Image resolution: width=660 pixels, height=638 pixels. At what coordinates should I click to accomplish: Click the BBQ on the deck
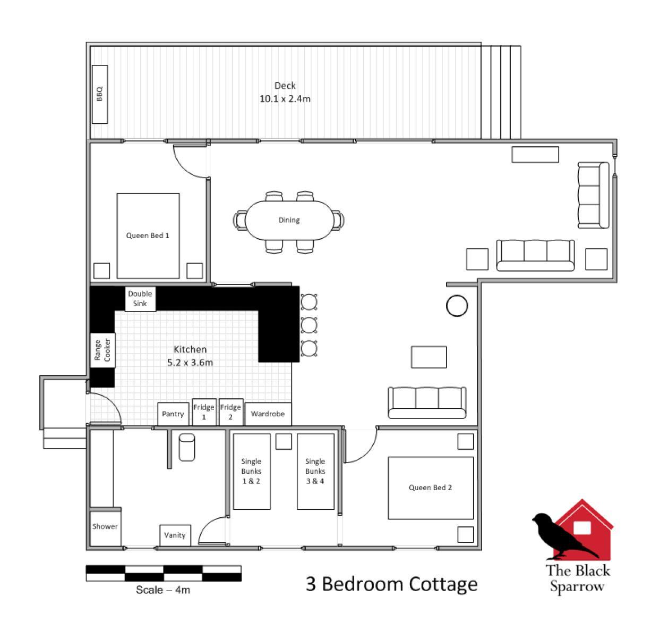(x=100, y=94)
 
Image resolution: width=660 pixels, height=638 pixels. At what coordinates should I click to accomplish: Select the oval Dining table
(x=289, y=220)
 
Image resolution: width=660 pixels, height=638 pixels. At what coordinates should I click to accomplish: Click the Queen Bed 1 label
(x=148, y=236)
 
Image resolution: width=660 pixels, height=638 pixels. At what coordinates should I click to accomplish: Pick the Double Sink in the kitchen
(x=140, y=299)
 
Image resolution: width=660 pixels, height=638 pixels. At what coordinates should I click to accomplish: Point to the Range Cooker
(x=102, y=350)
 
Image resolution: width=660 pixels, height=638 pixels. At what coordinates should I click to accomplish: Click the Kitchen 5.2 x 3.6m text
(x=190, y=356)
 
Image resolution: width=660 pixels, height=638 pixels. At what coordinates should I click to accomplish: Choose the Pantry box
(x=173, y=414)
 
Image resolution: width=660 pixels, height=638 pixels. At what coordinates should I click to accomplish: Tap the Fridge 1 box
(x=204, y=412)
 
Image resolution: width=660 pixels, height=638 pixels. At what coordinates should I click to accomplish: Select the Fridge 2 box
(x=230, y=412)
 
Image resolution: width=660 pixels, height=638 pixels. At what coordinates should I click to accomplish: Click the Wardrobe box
(x=268, y=414)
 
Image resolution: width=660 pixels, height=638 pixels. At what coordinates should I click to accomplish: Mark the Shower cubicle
(x=105, y=527)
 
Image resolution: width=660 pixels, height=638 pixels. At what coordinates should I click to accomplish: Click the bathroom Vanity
(x=175, y=535)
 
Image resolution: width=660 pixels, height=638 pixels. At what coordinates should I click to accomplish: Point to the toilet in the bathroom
(x=186, y=447)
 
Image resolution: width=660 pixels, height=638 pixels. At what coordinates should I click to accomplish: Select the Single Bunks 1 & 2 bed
(x=251, y=471)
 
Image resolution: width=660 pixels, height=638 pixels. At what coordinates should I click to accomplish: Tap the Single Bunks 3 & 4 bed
(x=315, y=471)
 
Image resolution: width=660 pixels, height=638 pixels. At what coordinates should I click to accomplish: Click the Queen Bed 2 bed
(x=431, y=488)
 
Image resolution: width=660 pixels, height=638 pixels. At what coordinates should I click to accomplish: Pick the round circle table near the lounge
(x=457, y=306)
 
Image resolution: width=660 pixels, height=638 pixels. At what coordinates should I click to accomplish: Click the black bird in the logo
(x=560, y=536)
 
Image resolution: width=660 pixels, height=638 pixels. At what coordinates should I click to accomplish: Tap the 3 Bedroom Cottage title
(x=391, y=584)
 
